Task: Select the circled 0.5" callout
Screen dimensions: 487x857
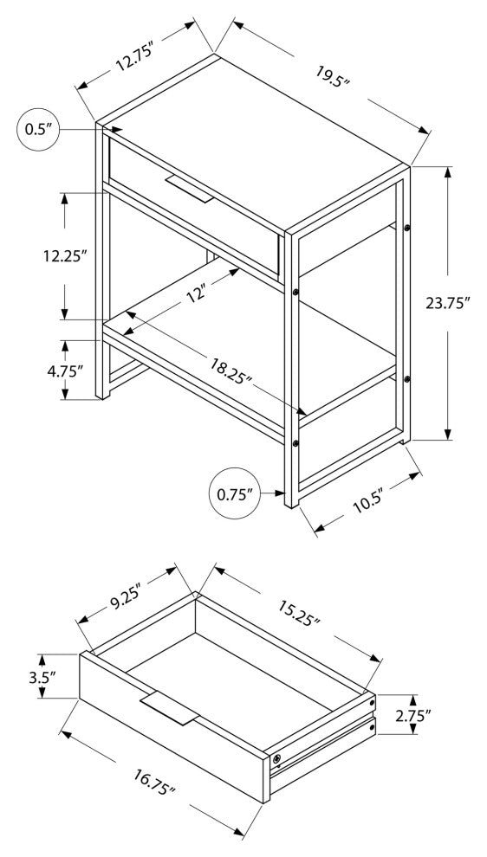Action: (38, 130)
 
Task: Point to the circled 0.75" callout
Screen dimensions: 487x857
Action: (234, 493)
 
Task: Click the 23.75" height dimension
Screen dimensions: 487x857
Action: (448, 303)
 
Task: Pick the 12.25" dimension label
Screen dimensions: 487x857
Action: (66, 255)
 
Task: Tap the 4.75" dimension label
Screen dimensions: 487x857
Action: (65, 371)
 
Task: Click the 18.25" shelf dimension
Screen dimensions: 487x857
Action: (229, 370)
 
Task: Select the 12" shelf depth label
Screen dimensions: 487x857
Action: (198, 294)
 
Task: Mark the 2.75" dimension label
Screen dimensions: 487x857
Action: (413, 715)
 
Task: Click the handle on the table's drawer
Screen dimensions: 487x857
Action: (189, 189)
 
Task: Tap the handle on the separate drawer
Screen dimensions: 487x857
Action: (169, 708)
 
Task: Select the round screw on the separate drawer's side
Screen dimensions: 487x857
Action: (277, 758)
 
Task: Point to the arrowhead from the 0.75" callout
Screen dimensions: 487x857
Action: (281, 493)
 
